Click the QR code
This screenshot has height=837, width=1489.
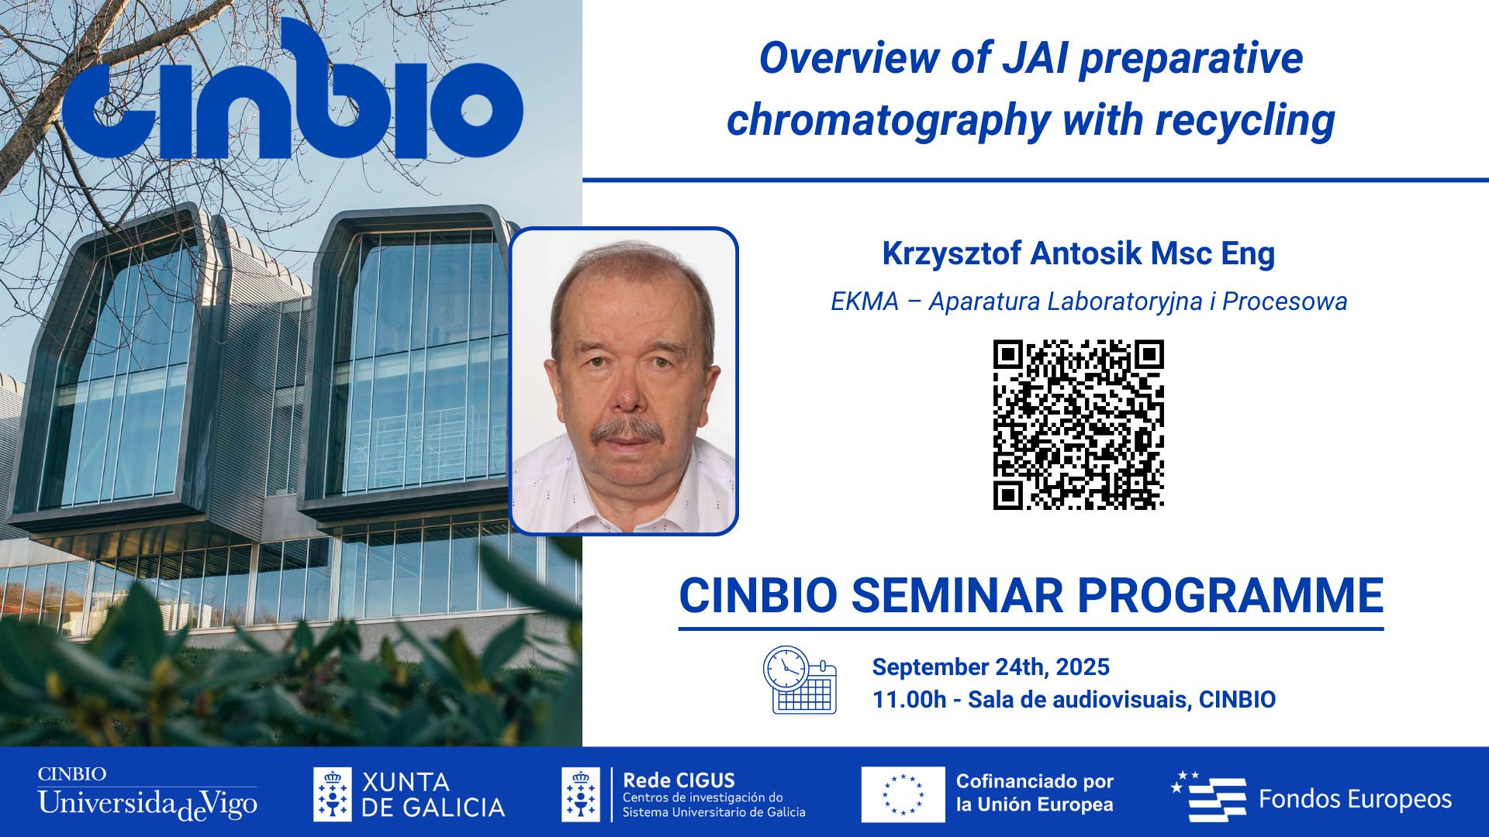(x=1078, y=425)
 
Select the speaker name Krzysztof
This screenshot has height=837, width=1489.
(x=951, y=254)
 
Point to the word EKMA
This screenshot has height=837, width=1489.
(x=864, y=301)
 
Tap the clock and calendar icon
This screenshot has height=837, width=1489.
(x=800, y=680)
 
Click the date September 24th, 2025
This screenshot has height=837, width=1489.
(x=990, y=666)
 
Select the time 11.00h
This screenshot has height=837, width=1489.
(x=909, y=700)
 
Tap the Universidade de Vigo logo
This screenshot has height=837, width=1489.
(x=147, y=796)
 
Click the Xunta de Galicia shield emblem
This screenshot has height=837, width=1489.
(x=332, y=794)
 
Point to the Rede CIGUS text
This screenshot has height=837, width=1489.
(x=679, y=780)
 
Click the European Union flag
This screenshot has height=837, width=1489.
(x=903, y=794)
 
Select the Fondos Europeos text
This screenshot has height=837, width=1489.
(x=1355, y=799)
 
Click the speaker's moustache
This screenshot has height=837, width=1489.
(x=627, y=430)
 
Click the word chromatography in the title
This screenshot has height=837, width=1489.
(x=887, y=121)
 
